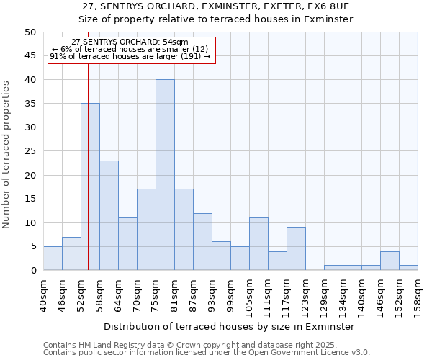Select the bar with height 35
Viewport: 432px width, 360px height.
click(x=90, y=186)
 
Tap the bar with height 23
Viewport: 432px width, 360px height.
click(x=109, y=215)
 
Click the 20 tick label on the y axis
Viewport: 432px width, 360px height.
click(x=30, y=175)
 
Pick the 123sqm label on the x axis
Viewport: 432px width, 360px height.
click(x=306, y=295)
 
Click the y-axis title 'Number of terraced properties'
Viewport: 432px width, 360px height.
click(x=6, y=154)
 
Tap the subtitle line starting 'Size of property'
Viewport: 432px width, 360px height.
click(x=215, y=19)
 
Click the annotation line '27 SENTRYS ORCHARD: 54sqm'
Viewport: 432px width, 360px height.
click(x=130, y=42)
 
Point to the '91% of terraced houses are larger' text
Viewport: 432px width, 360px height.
click(x=130, y=57)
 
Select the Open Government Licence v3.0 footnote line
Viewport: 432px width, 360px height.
click(x=206, y=353)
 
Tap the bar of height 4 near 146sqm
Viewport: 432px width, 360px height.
click(x=390, y=261)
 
